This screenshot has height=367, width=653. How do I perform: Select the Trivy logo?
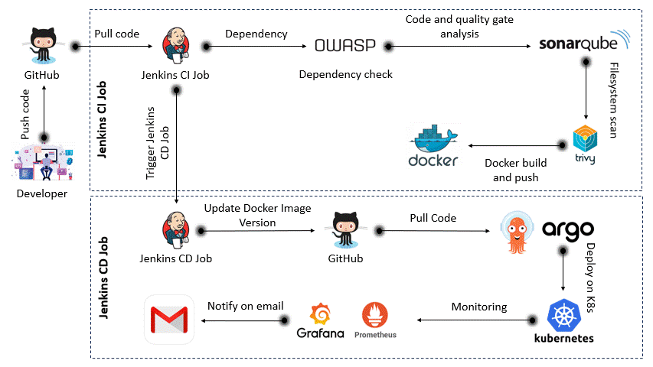tap(586, 144)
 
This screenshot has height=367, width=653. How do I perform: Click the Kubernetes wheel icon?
tap(565, 315)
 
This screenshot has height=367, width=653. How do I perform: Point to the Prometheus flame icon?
tap(375, 314)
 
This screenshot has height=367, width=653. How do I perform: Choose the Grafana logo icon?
tap(320, 313)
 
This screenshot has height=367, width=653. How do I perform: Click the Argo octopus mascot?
tap(515, 229)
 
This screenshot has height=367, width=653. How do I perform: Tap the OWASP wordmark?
tap(345, 46)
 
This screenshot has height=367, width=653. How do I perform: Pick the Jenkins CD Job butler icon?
tap(175, 229)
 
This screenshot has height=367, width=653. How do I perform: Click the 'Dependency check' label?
tap(345, 74)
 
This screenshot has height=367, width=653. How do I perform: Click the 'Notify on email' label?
tap(245, 306)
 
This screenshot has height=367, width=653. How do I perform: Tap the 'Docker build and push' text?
tap(516, 170)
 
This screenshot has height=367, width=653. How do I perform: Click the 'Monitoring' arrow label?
tap(478, 306)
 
